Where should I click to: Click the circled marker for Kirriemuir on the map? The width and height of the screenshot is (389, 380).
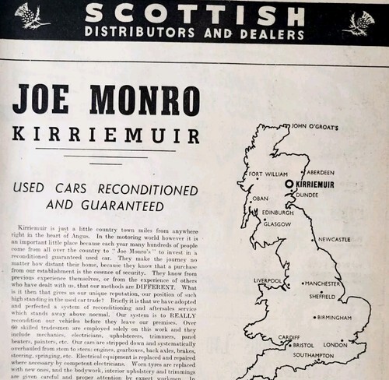[x=289, y=184]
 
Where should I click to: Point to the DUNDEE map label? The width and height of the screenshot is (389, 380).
[x=307, y=195]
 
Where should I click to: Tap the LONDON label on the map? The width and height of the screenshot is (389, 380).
[x=335, y=343]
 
